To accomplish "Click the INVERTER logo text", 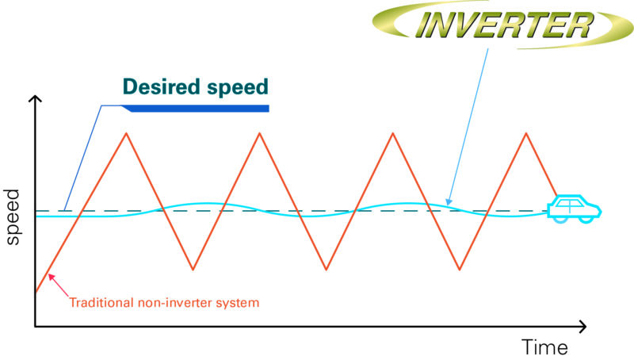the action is [x=504, y=25].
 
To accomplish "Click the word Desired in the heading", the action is [x=162, y=86].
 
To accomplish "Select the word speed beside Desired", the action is [x=238, y=88].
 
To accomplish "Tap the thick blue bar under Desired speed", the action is [x=195, y=109].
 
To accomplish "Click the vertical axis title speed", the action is [x=12, y=216].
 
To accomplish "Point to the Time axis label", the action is [x=544, y=347].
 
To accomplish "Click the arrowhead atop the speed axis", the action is [x=36, y=98].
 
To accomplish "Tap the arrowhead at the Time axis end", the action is [x=582, y=327].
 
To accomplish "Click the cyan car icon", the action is [x=574, y=209].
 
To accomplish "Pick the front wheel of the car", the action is [x=586, y=219].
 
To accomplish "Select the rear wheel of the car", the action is [x=560, y=219].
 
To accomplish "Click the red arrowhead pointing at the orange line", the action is [x=51, y=277].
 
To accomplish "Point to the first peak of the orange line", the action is [x=127, y=133].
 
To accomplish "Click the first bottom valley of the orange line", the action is [x=193, y=270].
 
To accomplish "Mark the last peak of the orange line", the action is [x=526, y=133].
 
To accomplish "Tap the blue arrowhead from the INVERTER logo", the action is [x=448, y=201].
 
